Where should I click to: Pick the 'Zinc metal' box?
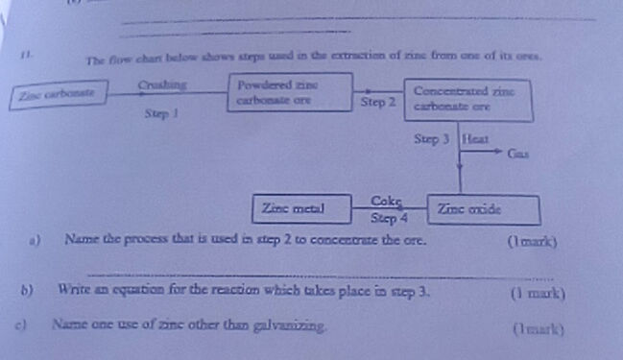[293, 206]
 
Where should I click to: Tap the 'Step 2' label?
[377, 101]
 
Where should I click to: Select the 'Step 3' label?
[432, 139]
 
